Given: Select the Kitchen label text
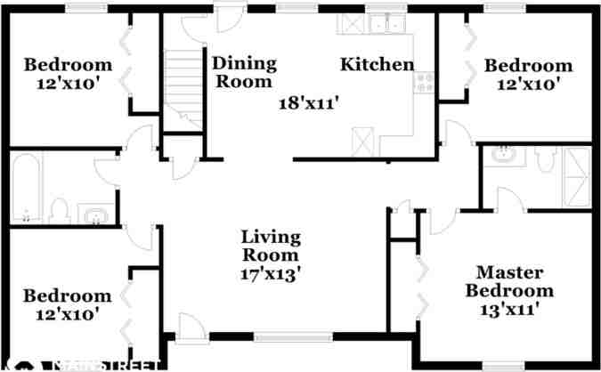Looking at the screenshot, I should pos(378,64).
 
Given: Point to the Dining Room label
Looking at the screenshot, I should pos(243,72).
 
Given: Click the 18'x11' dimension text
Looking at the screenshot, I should pos(309,103).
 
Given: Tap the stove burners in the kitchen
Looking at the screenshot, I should pos(424,84).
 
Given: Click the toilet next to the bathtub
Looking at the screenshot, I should pos(60,210).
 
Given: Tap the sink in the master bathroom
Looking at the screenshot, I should pos(505,156).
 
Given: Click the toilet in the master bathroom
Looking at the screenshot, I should pos(543,158).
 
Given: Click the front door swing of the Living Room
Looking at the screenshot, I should pos(189,326).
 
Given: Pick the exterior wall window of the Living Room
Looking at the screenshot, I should pos(280,337).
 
